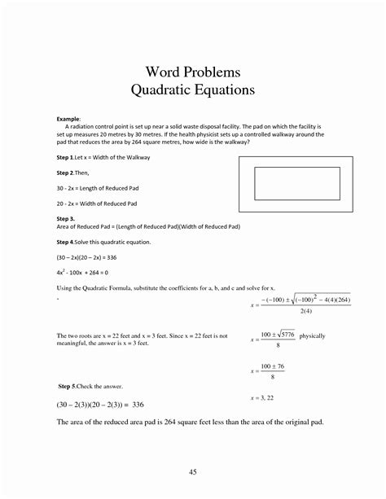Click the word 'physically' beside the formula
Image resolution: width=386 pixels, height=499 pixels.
[312, 335]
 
